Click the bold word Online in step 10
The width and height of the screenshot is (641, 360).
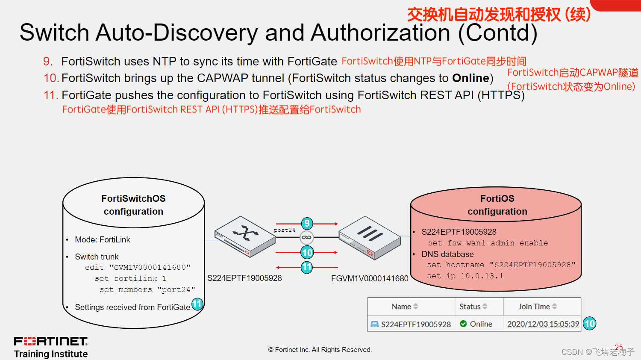coord(470,78)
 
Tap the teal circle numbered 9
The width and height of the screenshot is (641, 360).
coord(307,223)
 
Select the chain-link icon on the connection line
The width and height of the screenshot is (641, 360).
coord(306,237)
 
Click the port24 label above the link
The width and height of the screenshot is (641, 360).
coord(285,230)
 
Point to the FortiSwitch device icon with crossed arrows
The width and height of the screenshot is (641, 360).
coord(245,236)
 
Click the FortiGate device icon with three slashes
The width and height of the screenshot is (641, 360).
coord(370,236)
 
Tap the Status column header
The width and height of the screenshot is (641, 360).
coord(473,307)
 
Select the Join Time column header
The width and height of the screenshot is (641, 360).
coord(537,307)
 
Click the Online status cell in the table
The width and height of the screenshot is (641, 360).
coord(476,324)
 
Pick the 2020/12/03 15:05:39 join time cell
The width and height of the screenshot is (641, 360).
coord(543,324)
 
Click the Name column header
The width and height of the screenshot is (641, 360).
coord(404,307)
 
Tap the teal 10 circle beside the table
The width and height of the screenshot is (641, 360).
coord(590,324)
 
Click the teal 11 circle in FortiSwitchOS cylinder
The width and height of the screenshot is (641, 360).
coord(197,304)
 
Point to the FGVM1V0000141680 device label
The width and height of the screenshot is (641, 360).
coord(370,279)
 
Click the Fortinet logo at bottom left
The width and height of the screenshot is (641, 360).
coord(51,341)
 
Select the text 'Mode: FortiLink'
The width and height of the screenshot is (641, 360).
coord(103,240)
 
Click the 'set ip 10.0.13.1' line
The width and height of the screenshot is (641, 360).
coord(465,276)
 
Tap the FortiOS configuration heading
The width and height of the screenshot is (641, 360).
coord(497,205)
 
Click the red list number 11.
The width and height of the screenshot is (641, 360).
coord(51,95)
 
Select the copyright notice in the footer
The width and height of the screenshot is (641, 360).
coord(320,350)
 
